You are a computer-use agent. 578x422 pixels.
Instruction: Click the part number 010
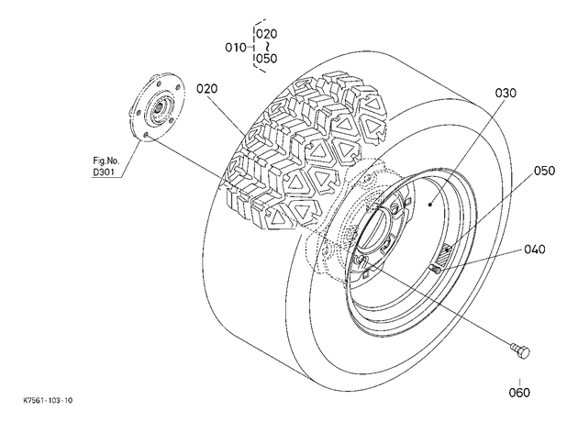click(236, 48)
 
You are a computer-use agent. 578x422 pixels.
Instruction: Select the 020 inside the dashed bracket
click(266, 34)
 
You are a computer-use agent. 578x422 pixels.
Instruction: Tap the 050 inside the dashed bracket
click(266, 59)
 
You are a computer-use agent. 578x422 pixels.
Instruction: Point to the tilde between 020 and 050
click(267, 47)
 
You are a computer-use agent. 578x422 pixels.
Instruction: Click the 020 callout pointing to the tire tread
click(207, 89)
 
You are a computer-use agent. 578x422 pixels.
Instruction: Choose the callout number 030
click(506, 94)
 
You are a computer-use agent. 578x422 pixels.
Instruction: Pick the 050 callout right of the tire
click(544, 171)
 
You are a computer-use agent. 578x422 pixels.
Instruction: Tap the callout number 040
click(535, 250)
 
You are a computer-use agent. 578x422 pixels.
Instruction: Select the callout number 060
click(519, 393)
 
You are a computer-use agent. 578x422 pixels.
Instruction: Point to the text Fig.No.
click(106, 161)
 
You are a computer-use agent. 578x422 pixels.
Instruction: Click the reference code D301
click(104, 172)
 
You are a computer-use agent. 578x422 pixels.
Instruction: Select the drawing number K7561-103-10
click(48, 400)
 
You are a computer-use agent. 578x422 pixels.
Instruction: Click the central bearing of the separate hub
click(160, 109)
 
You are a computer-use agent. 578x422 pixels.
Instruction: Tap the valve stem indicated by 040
click(436, 270)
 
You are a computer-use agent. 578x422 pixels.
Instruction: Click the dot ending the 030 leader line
click(430, 204)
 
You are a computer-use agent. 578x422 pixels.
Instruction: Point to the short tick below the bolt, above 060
click(520, 383)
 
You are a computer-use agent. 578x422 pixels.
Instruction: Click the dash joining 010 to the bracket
click(250, 48)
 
